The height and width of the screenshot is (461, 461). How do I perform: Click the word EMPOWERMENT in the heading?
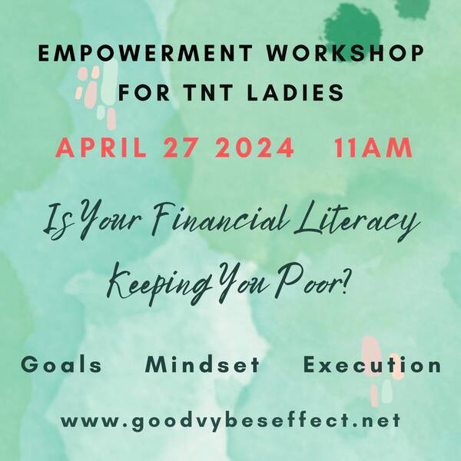(x=145, y=53)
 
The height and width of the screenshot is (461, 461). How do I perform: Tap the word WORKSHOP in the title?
(x=345, y=53)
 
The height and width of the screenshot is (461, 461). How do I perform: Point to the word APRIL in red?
(x=101, y=148)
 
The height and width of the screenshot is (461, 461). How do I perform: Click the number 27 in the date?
(x=179, y=148)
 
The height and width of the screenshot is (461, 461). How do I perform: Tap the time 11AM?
(x=373, y=148)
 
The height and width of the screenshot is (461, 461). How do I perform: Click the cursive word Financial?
(x=217, y=219)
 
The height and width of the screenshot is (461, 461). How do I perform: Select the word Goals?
(x=61, y=364)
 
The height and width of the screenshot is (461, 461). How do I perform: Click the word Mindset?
(x=203, y=364)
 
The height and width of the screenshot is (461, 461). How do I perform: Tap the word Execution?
(x=372, y=364)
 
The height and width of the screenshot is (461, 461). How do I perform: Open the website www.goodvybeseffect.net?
(x=230, y=421)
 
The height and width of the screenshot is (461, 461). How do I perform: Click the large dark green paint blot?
(x=352, y=29)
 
